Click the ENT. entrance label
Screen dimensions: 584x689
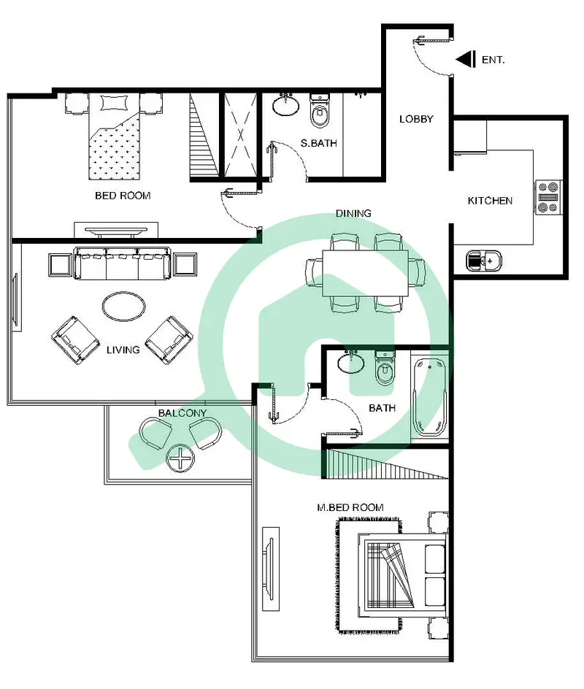click(x=493, y=60)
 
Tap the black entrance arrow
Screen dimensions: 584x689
click(x=466, y=59)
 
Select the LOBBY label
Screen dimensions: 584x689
click(x=416, y=119)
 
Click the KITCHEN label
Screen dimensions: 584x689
click(x=490, y=201)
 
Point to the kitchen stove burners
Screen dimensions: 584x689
click(x=548, y=197)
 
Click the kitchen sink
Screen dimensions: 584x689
click(x=483, y=261)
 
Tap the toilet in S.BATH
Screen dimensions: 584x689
click(x=320, y=111)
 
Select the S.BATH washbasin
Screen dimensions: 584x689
click(x=286, y=104)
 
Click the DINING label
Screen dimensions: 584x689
click(x=353, y=214)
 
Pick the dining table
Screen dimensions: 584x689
click(x=365, y=273)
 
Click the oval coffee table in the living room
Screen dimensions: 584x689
click(x=124, y=307)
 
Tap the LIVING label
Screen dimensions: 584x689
click(x=123, y=350)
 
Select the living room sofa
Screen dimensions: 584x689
click(x=123, y=263)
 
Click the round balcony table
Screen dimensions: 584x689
click(x=180, y=458)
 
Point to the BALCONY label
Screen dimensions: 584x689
click(x=182, y=413)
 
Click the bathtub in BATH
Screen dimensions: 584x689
click(x=430, y=397)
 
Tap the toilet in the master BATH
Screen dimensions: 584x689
click(x=385, y=369)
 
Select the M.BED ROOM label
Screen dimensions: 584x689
click(x=350, y=507)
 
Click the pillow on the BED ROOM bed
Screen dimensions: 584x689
click(x=115, y=103)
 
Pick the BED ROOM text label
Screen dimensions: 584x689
click(x=123, y=196)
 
